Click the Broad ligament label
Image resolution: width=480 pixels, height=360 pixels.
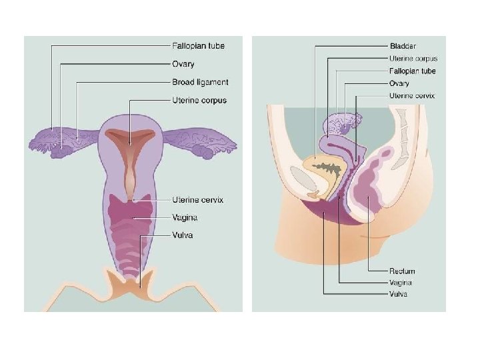pyautogui.click(x=200, y=82)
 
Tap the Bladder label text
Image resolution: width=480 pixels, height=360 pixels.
pyautogui.click(x=403, y=46)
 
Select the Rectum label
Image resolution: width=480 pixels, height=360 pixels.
pyautogui.click(x=402, y=271)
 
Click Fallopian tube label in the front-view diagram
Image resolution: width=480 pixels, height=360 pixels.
pyautogui.click(x=199, y=46)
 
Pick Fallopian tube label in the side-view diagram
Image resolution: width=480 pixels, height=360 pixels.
pyautogui.click(x=412, y=71)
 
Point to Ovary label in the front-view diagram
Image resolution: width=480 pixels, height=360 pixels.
pyautogui.click(x=183, y=64)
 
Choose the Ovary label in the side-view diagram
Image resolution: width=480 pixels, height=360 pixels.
pyautogui.click(x=399, y=83)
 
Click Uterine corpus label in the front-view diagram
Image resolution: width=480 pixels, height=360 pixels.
pyautogui.click(x=199, y=101)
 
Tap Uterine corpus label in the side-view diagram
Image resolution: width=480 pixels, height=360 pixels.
pyautogui.click(x=413, y=59)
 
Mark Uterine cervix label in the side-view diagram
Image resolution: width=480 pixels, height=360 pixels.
pyautogui.click(x=412, y=96)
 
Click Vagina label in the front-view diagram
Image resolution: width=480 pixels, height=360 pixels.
pyautogui.click(x=185, y=217)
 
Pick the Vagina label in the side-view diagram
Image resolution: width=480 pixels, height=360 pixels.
pyautogui.click(x=401, y=283)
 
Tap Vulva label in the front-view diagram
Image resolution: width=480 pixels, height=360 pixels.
pyautogui.click(x=183, y=235)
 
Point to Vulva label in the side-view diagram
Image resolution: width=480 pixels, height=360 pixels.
pyautogui.click(x=399, y=294)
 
